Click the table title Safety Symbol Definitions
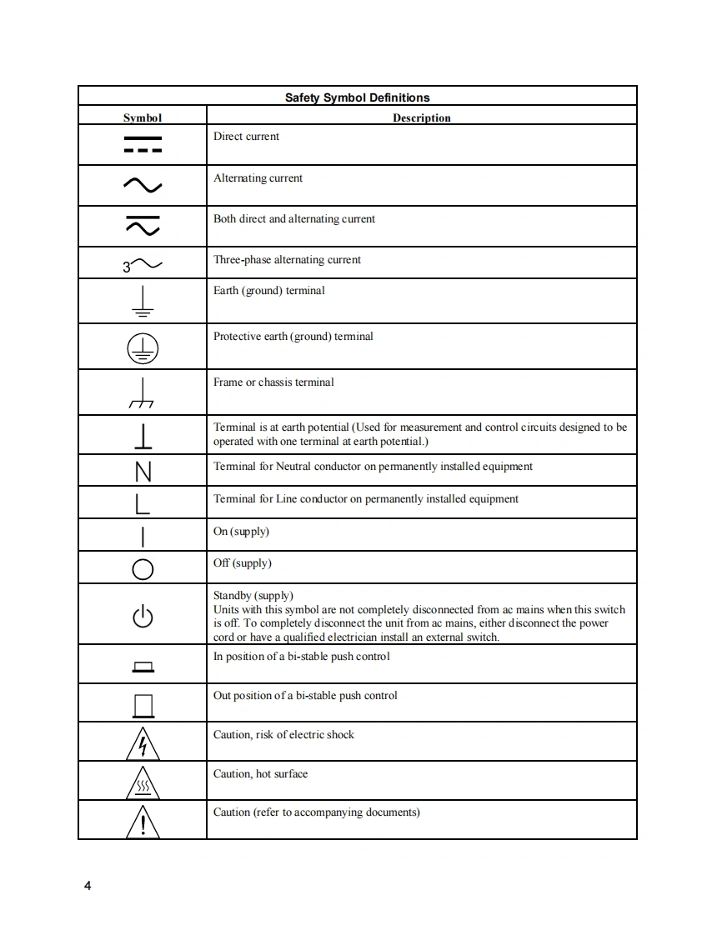tap(357, 97)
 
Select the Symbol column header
tap(143, 117)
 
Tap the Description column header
tap(421, 117)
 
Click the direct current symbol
tap(143, 144)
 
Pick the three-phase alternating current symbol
tap(143, 266)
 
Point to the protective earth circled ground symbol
tap(143, 349)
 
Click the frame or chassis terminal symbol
tap(143, 393)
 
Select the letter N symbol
tap(143, 472)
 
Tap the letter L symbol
tap(143, 503)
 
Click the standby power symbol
tap(143, 617)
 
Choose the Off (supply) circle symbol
tap(143, 569)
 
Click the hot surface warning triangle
tap(143, 783)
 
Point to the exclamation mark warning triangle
tap(143, 822)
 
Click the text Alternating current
tap(258, 177)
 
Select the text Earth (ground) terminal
tap(268, 290)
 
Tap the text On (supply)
tap(241, 531)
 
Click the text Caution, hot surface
tap(260, 773)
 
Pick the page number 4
tap(88, 885)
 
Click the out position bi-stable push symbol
tap(143, 706)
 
